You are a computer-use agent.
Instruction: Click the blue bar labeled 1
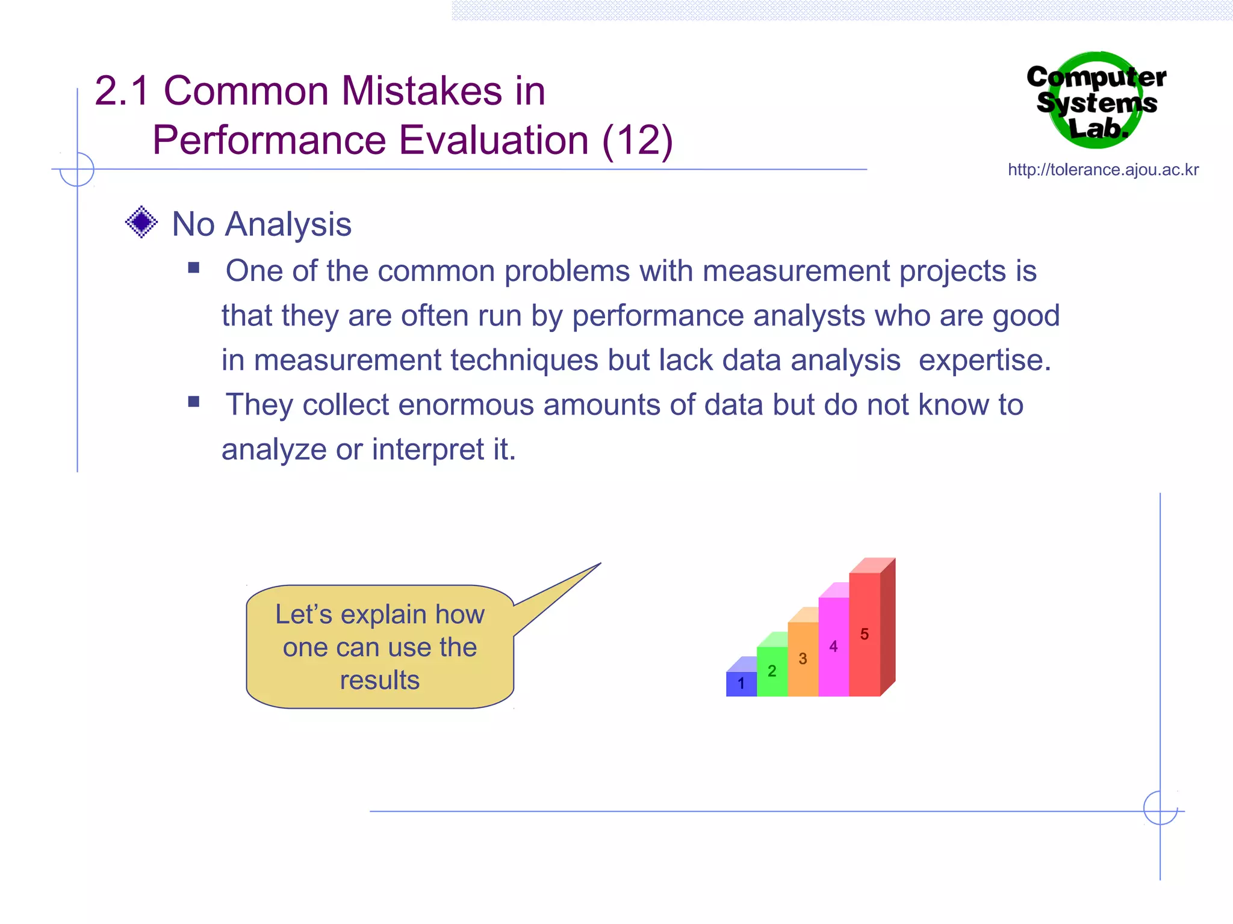pos(741,683)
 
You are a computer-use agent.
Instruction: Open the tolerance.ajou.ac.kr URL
pos(1103,170)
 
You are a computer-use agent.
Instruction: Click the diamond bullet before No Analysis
pos(141,223)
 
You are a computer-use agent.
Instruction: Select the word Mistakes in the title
pos(421,91)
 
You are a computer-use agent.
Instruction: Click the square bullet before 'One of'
pos(194,268)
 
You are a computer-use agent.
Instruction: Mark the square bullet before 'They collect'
pos(194,402)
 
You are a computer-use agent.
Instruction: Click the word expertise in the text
pos(984,361)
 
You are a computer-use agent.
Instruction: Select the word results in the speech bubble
pos(379,680)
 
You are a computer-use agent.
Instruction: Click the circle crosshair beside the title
pos(77,170)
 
